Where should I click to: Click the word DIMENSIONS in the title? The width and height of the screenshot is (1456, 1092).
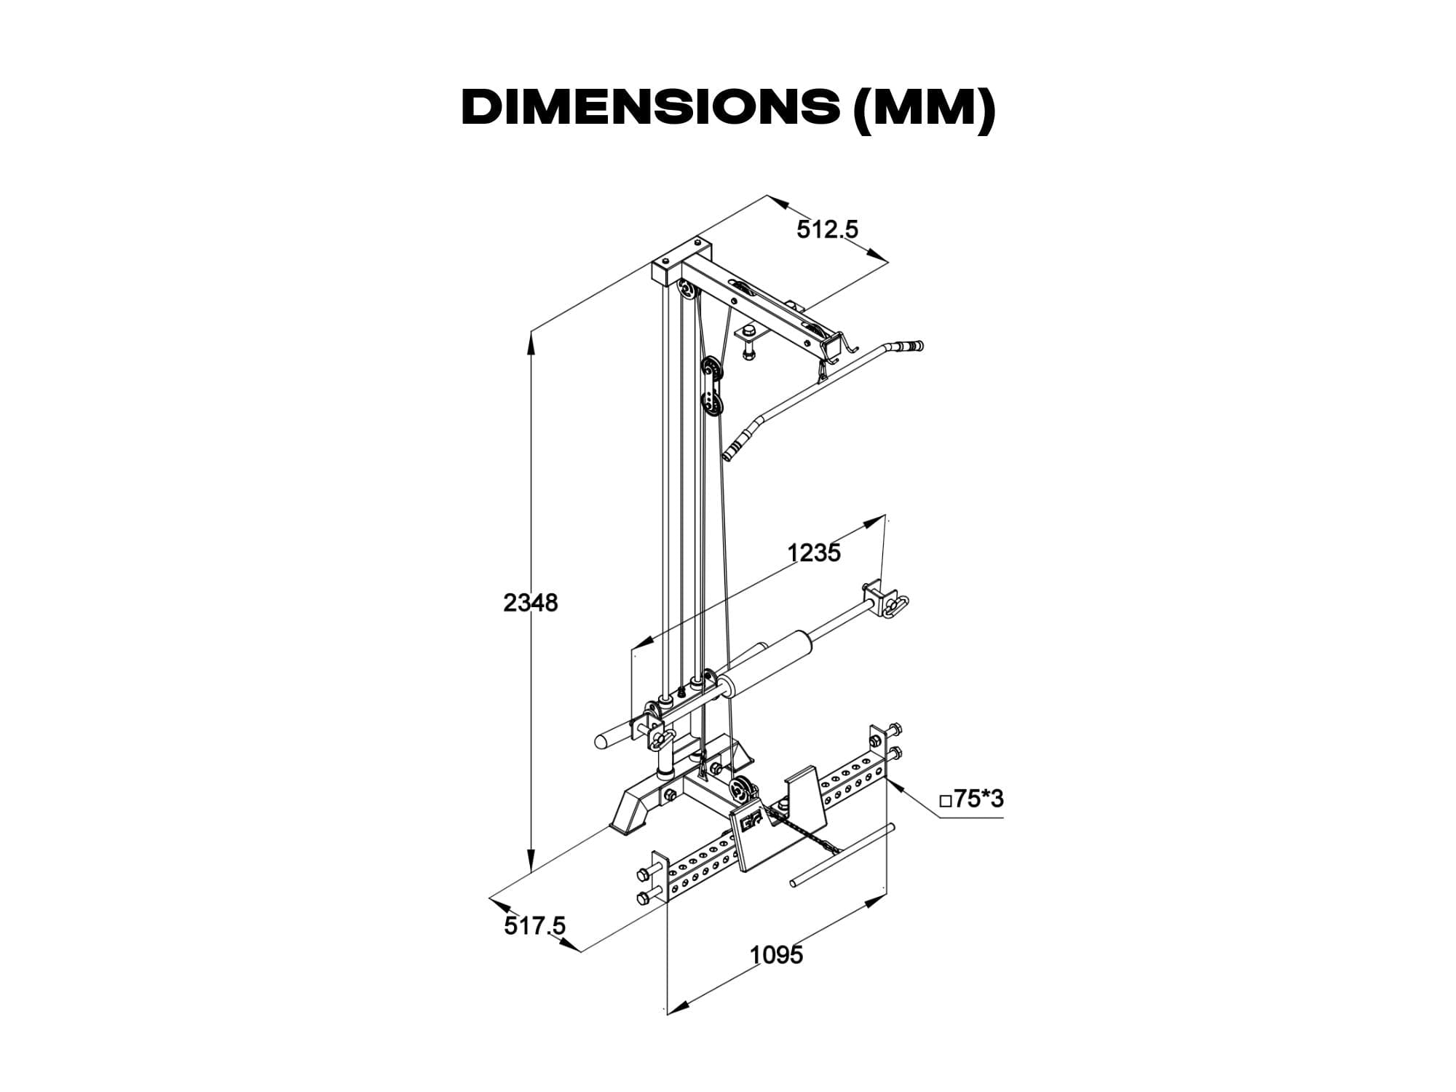[x=650, y=108]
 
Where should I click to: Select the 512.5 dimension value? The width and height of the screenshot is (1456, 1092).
[x=828, y=229]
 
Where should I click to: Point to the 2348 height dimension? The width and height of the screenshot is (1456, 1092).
[x=531, y=603]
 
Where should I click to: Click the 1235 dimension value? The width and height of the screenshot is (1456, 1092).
[x=814, y=553]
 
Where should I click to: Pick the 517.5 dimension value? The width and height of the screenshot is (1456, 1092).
[x=534, y=926]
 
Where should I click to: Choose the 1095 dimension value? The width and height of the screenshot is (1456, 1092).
[x=777, y=954]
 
